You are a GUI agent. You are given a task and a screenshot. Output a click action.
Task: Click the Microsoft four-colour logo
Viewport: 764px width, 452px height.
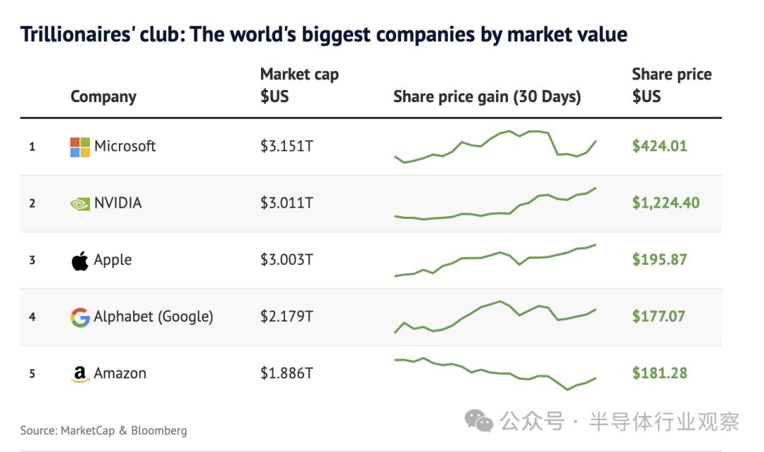(80, 147)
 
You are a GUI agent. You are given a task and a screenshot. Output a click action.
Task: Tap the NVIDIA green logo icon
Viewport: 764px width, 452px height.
(80, 204)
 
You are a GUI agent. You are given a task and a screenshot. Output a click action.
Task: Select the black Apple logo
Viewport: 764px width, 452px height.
(80, 260)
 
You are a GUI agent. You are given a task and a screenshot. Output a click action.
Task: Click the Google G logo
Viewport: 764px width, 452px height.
(80, 317)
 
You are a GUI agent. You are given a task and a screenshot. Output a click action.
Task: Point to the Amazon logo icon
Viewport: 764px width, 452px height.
(80, 374)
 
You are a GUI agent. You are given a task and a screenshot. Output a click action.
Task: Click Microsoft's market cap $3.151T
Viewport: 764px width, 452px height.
(286, 147)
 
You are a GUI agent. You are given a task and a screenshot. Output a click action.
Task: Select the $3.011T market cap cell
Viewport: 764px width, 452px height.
(286, 203)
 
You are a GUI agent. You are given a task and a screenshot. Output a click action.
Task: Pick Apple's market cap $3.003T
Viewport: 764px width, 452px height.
(286, 260)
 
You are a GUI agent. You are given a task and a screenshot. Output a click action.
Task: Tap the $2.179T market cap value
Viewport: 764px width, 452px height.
(286, 317)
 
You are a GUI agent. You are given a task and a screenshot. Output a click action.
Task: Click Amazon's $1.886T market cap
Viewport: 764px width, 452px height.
(286, 373)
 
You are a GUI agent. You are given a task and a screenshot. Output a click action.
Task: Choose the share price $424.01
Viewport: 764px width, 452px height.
(659, 147)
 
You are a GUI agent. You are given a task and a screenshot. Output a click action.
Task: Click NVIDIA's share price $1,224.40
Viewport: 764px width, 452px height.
(666, 203)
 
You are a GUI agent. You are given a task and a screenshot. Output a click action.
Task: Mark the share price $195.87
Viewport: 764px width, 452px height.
(659, 260)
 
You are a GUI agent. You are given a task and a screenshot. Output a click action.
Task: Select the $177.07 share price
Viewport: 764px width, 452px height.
(659, 317)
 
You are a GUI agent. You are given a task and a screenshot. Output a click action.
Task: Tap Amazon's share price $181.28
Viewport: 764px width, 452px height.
(659, 373)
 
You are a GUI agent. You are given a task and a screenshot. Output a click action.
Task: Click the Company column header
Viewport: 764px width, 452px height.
(103, 97)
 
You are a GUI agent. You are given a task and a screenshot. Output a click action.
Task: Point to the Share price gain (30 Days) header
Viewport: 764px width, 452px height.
(487, 97)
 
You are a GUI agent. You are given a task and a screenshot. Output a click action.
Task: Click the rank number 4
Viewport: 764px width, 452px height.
(32, 317)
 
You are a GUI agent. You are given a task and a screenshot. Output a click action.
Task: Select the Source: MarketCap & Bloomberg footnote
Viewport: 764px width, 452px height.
(103, 430)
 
